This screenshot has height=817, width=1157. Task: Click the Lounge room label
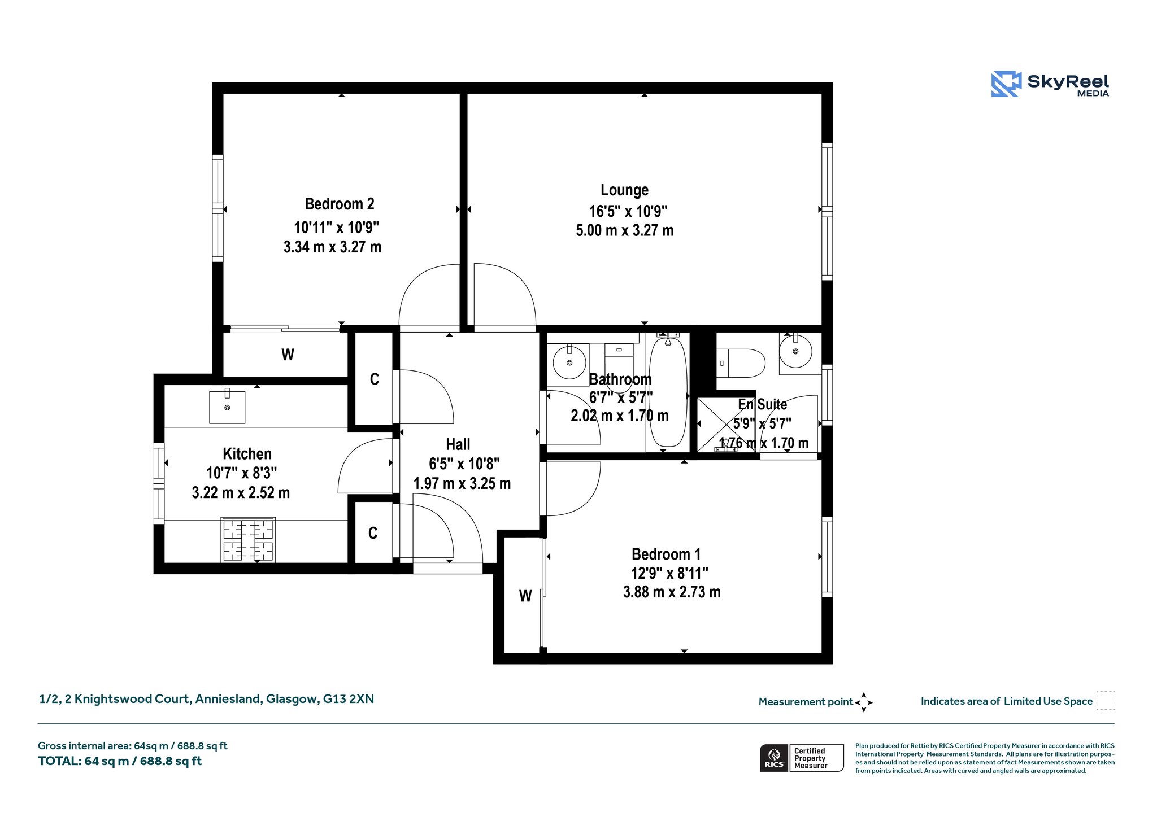[x=624, y=190]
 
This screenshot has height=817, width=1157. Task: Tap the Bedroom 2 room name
[x=340, y=204]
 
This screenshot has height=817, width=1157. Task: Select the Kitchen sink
[x=227, y=406]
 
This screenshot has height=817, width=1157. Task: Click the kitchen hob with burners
[x=248, y=540]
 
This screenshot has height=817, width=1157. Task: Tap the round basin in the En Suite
[x=795, y=351]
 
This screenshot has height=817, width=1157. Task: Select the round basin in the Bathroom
[x=569, y=362]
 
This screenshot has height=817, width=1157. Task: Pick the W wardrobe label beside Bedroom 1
[x=525, y=596]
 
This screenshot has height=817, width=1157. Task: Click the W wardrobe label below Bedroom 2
[x=288, y=355]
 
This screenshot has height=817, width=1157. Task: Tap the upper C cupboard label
[x=374, y=379]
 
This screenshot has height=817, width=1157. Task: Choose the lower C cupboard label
[x=373, y=533]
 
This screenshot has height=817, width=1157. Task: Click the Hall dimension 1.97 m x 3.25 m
[x=462, y=483]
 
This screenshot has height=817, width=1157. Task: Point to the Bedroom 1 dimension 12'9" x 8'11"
[x=669, y=574]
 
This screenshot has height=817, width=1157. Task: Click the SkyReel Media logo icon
[x=1006, y=84]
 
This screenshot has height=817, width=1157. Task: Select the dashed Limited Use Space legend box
[x=1106, y=701]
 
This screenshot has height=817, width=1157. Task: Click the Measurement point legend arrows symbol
[x=864, y=702]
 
